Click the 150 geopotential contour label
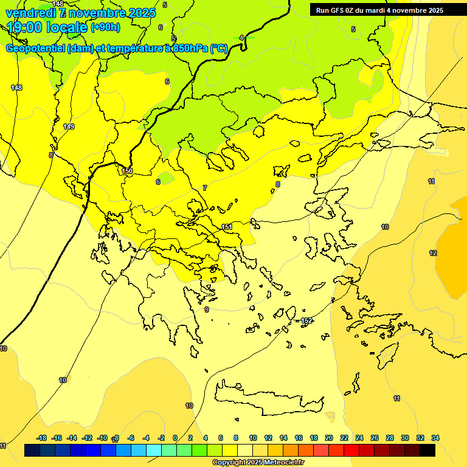(127, 171)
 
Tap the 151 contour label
(227, 227)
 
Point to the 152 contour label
(306, 320)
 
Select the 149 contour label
(69, 126)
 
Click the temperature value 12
(433, 253)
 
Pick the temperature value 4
(241, 38)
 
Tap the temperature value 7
(205, 188)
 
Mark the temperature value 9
(207, 310)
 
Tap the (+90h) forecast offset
(105, 27)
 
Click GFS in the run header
(338, 10)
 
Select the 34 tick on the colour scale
(435, 438)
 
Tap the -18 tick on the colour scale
(41, 438)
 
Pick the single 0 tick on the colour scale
(175, 438)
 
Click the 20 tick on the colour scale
(329, 438)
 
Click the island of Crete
(268, 398)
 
